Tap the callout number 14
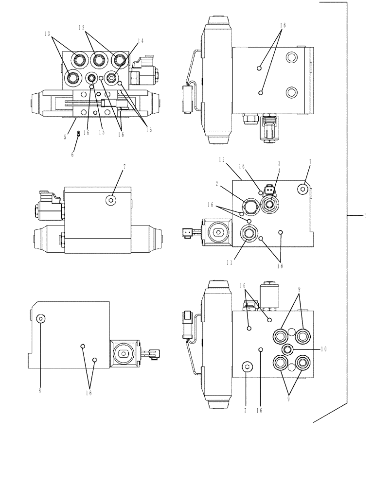pos(140,42)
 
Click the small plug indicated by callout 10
pos(286,348)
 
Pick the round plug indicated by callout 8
pos(41,319)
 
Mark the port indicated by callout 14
pos(112,77)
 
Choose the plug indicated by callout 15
pos(91,78)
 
